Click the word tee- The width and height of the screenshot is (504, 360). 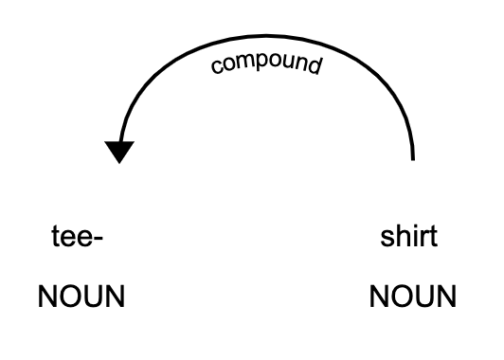(77, 237)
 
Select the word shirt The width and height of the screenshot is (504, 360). (408, 237)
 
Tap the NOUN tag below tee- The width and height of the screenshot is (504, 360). (81, 297)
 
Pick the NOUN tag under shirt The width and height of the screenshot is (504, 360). (413, 297)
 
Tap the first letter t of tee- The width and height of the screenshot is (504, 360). (55, 237)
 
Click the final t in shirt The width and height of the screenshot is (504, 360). (433, 237)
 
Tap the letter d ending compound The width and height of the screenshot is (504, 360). (316, 64)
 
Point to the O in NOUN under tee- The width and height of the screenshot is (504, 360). (68, 297)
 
